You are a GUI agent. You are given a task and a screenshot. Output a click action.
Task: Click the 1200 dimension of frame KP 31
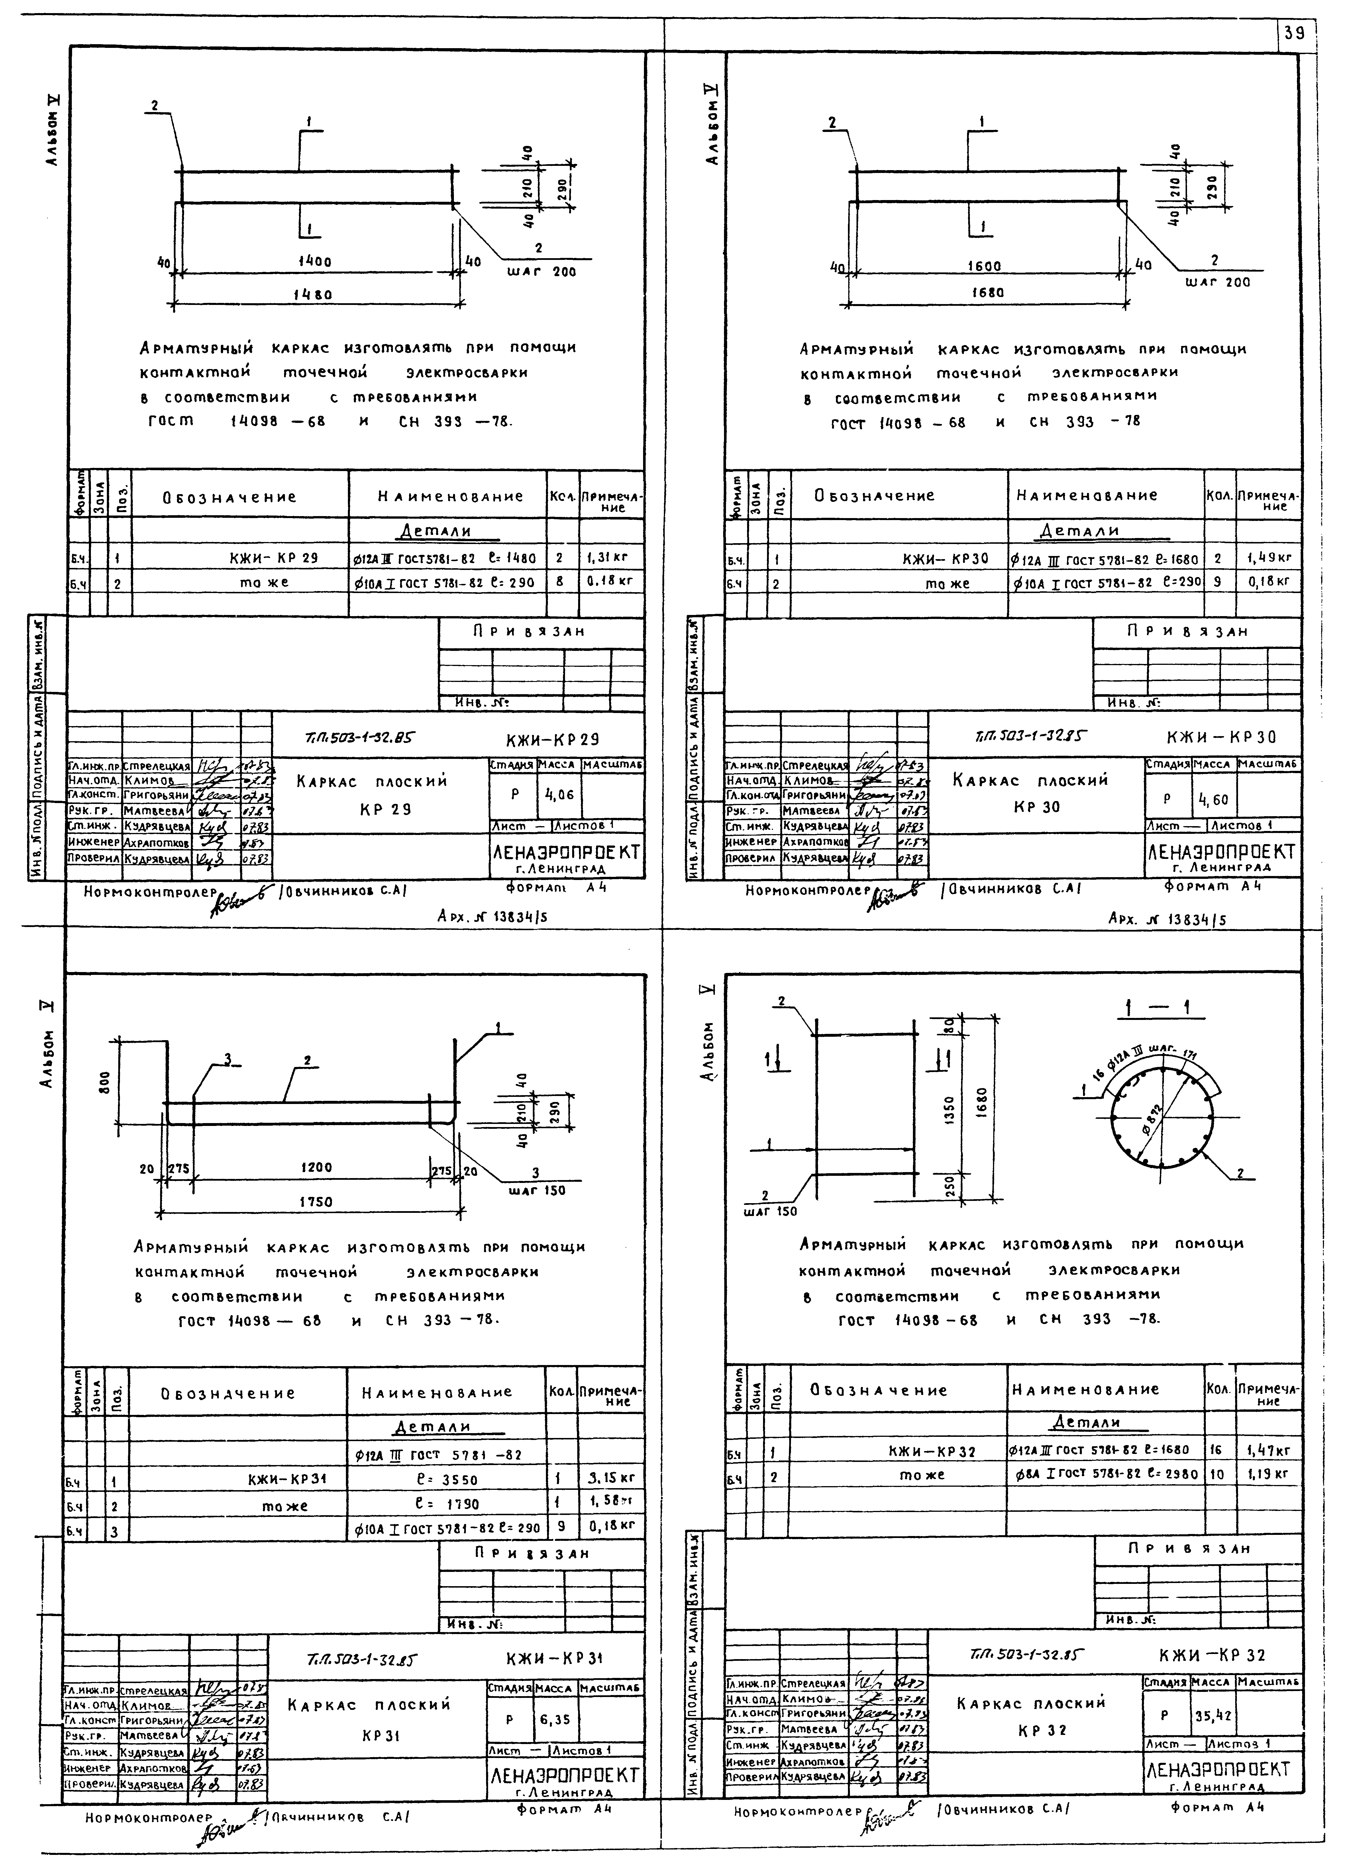pyautogui.click(x=316, y=1167)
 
